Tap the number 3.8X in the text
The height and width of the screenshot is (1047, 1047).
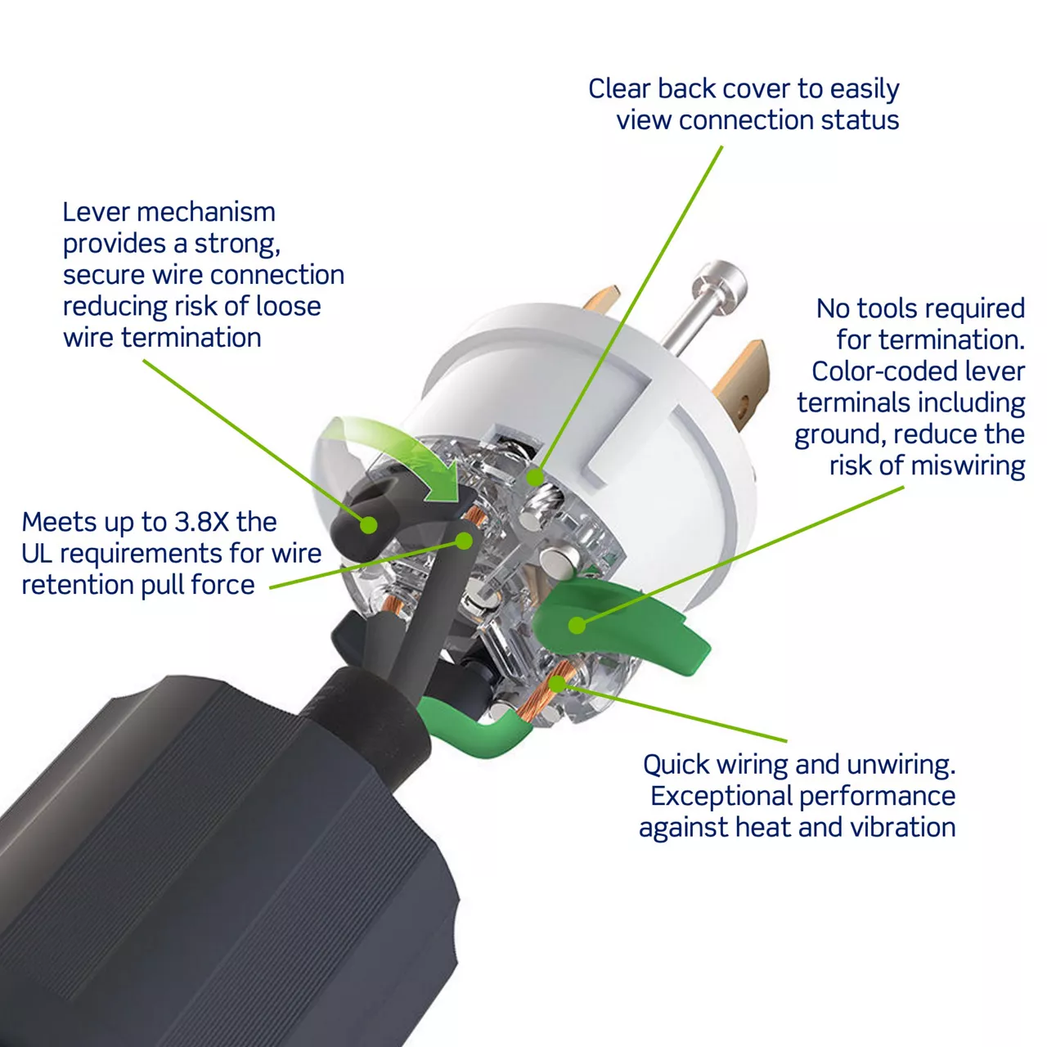(202, 522)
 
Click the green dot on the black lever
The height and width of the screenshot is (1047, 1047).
(369, 525)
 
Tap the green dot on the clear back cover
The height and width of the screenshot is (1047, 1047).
(535, 478)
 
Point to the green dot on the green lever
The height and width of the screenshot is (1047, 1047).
(577, 626)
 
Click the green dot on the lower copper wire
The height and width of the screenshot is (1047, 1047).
(557, 684)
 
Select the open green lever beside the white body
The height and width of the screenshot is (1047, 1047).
(619, 625)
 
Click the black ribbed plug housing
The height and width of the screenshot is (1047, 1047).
(218, 870)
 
